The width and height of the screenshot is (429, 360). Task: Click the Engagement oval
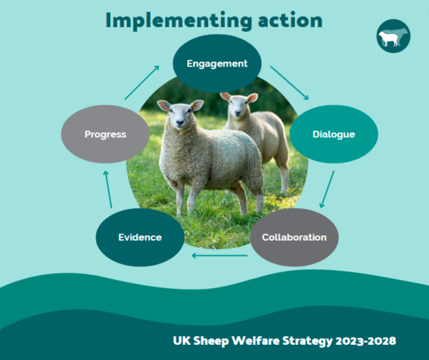(217, 64)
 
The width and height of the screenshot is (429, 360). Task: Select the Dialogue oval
(334, 135)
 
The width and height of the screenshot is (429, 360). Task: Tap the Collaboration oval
(294, 237)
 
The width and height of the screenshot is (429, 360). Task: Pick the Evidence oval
(140, 237)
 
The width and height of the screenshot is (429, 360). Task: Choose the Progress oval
(105, 135)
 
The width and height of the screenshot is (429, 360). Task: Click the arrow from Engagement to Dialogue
(289, 82)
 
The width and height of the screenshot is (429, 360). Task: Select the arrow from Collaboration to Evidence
(219, 256)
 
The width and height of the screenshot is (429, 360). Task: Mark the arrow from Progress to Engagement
(141, 82)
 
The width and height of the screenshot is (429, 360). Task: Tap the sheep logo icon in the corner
(393, 36)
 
